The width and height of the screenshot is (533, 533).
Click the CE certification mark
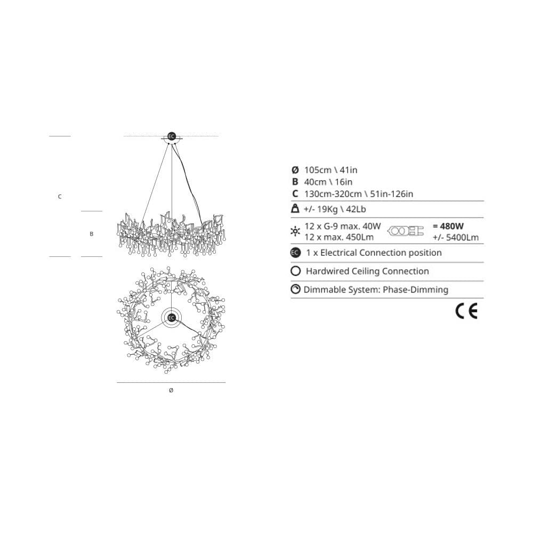coord(466,311)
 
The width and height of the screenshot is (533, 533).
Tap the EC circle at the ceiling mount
coord(171,136)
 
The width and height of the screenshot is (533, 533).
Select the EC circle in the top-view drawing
coord(171,318)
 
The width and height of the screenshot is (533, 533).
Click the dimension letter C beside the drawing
coord(60,197)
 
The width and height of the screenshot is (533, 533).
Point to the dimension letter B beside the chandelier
coord(92,234)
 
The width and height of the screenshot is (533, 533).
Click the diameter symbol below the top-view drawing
coord(171,391)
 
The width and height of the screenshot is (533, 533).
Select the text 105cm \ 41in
coord(330,170)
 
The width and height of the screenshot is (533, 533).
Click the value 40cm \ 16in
coord(328,182)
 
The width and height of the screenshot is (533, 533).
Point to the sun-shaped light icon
coord(295,231)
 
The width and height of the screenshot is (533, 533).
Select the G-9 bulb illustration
coord(405,231)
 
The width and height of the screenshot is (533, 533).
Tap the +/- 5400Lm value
coord(455,237)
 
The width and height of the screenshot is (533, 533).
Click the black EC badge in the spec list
coord(295,253)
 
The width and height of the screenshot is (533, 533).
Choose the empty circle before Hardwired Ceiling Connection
coord(296,271)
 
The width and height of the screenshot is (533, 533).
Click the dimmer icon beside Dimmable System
coord(295,289)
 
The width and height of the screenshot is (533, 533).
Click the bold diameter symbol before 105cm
coord(295,170)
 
